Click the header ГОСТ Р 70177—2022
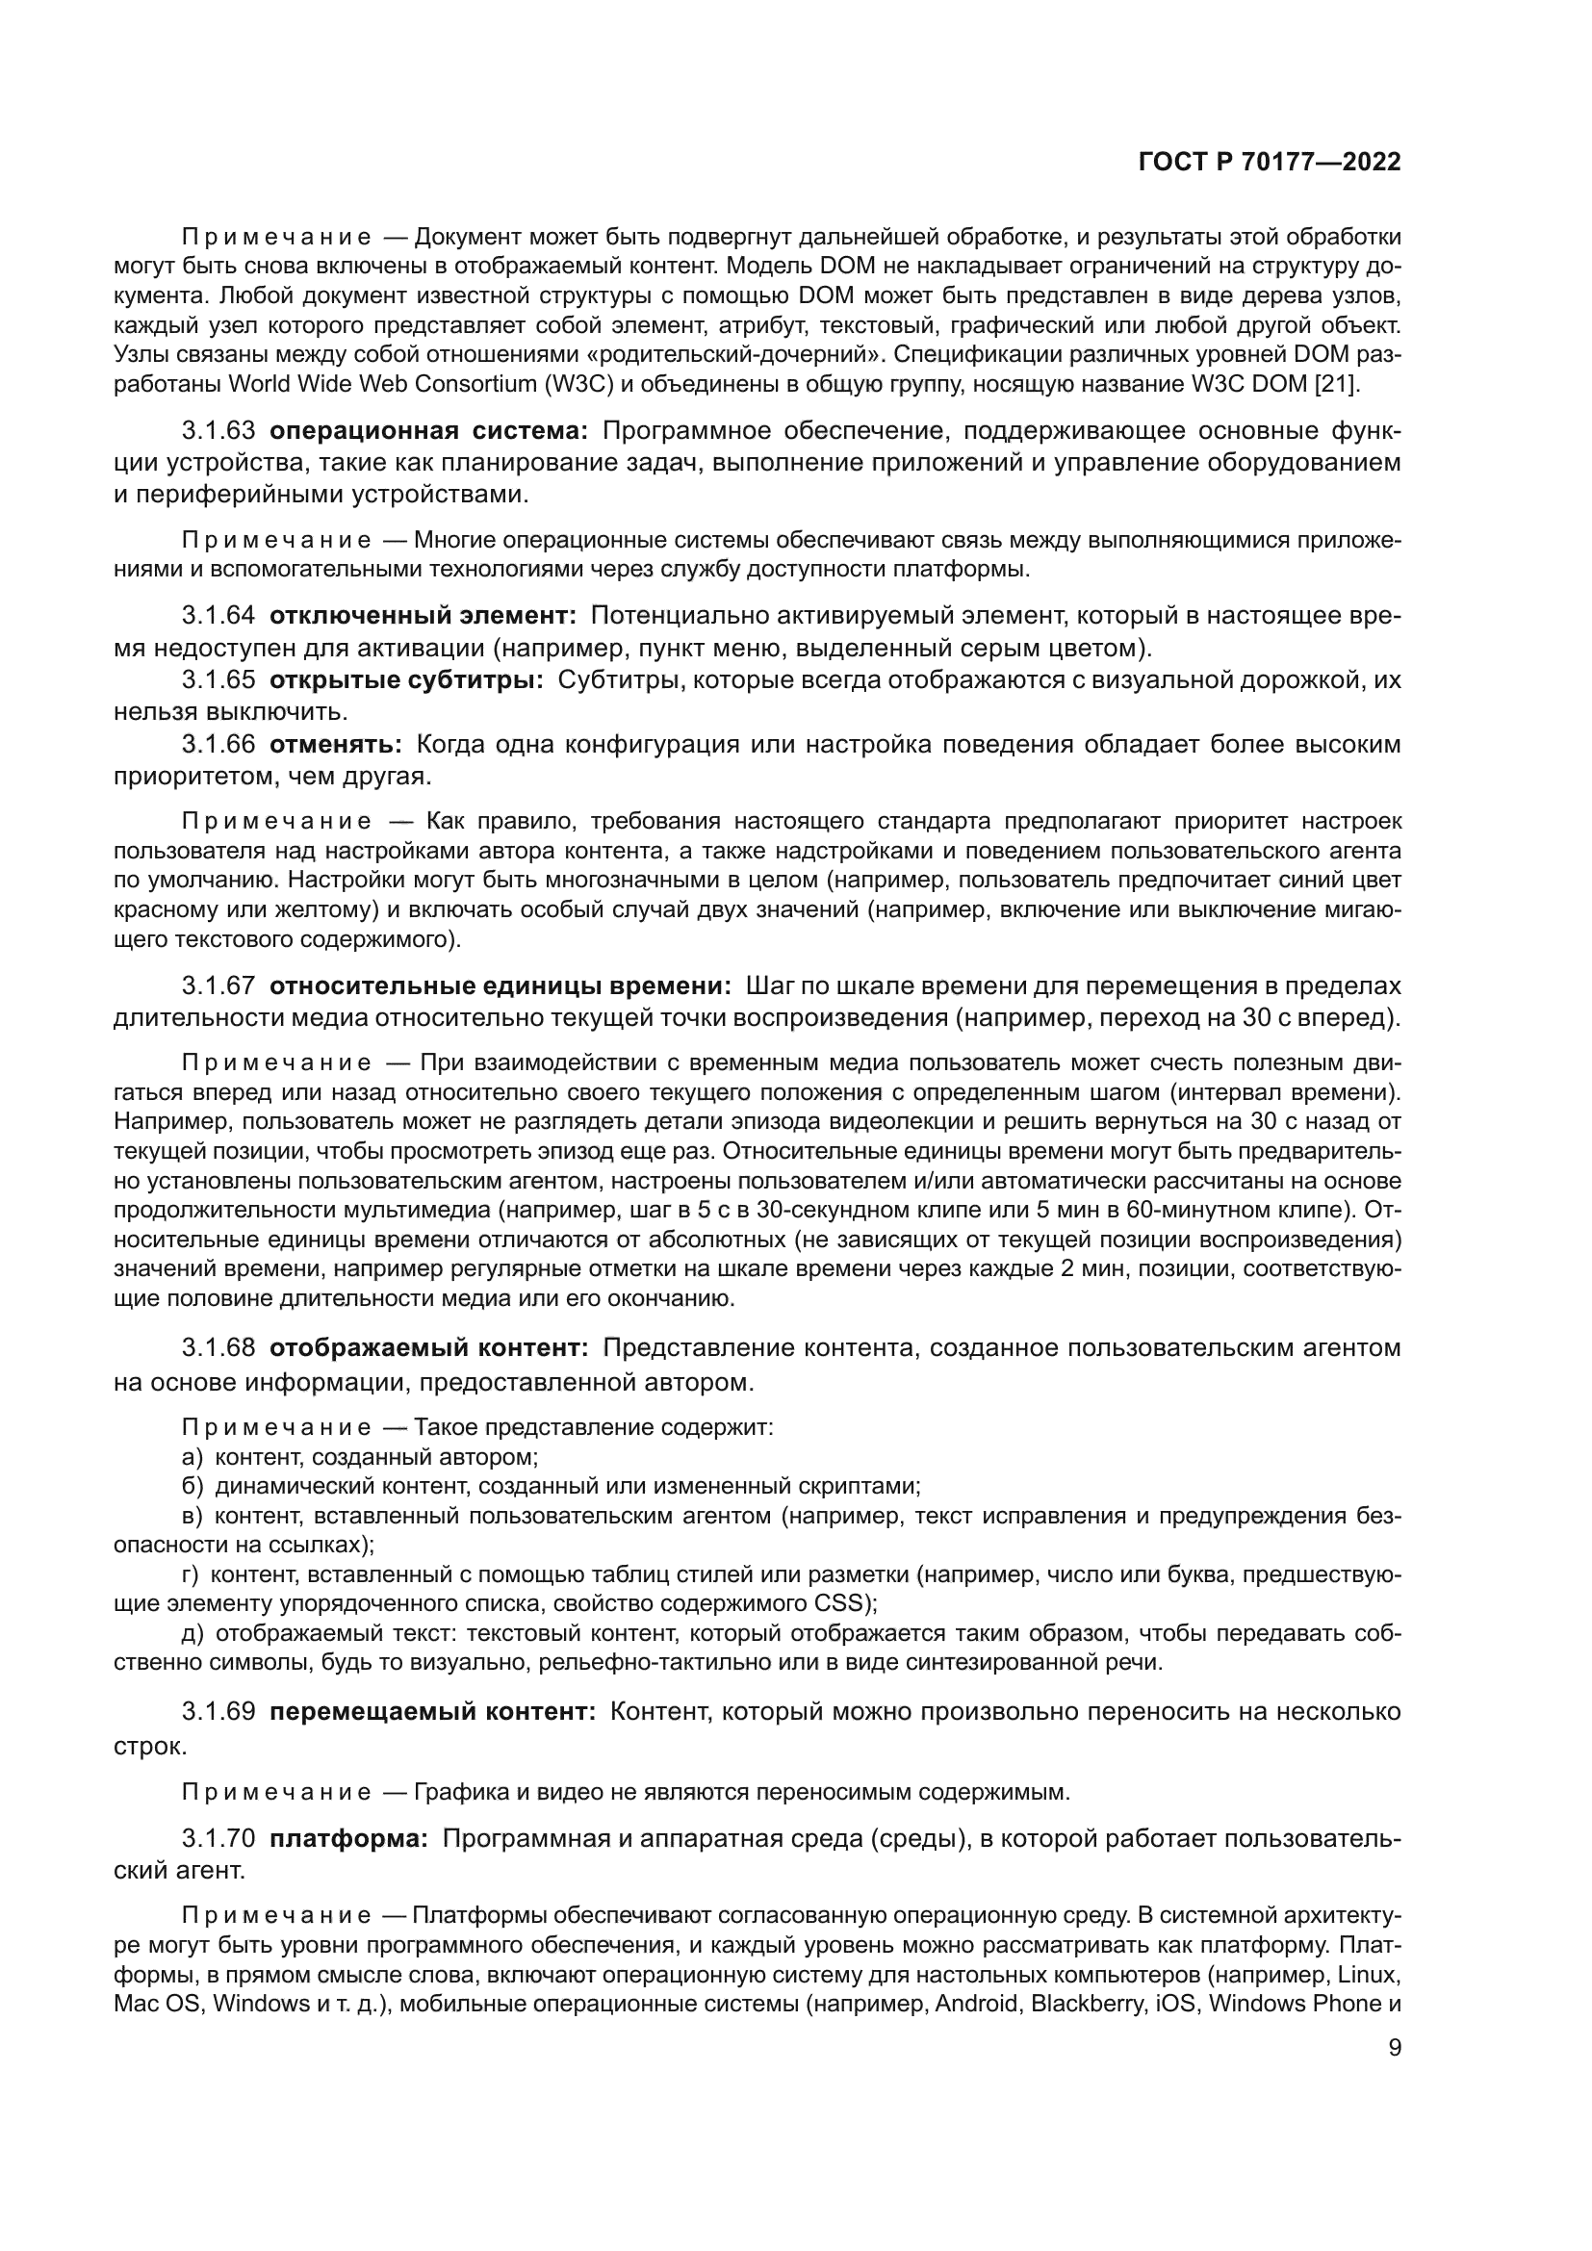(x=1270, y=163)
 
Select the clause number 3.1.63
(x=218, y=430)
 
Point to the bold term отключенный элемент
(x=423, y=616)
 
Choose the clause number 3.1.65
(x=218, y=679)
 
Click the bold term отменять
(x=335, y=744)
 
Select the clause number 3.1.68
(x=218, y=1348)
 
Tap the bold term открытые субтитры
(x=406, y=679)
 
